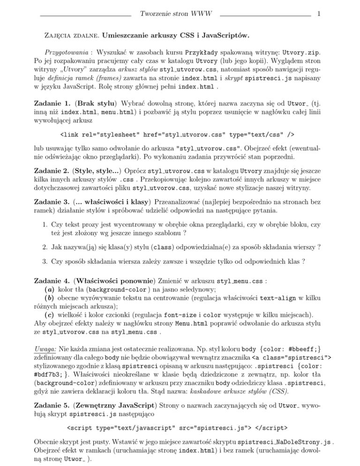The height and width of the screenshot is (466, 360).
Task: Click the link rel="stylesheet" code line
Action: pos(180,128)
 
